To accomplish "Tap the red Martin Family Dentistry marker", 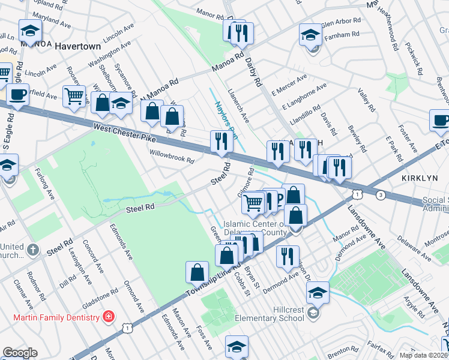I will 108,316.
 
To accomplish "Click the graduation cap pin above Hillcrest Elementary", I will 318,293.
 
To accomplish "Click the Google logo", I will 19,353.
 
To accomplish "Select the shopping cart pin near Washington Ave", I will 74,95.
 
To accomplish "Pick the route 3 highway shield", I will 380,195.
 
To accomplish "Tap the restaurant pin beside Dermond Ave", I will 288,256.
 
